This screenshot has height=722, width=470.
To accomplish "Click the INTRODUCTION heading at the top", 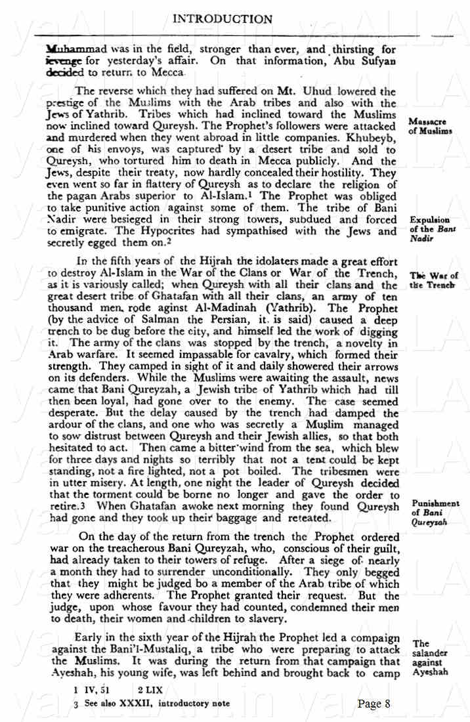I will pos(222,19).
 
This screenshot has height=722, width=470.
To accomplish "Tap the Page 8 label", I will pos(374,704).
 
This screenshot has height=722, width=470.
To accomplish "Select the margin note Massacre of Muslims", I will pos(430,126).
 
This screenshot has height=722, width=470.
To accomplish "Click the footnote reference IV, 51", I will pos(91,690).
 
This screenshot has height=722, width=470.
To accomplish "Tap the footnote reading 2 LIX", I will pos(150,690).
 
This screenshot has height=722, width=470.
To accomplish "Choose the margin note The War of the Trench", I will pos(433,280).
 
